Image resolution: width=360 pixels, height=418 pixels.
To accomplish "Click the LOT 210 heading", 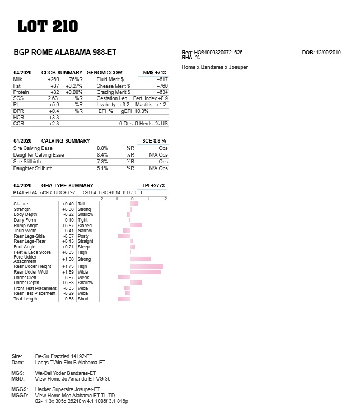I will [48, 26].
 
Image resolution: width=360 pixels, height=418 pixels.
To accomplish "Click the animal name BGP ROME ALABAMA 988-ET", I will [64, 52].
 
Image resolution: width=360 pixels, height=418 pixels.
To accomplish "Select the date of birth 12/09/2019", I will [329, 52].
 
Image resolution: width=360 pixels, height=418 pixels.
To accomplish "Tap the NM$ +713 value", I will [155, 73].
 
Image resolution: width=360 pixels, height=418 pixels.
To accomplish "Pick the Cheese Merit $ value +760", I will [162, 86].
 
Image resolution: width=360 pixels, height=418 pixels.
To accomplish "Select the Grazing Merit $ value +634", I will [162, 92].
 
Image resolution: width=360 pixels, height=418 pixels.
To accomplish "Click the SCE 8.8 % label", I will [154, 141].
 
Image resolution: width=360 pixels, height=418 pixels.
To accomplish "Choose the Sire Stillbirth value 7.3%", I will [102, 161].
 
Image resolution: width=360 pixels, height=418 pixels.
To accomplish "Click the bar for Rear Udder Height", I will [147, 266].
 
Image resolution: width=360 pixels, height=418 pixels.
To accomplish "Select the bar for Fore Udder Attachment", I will [141, 259].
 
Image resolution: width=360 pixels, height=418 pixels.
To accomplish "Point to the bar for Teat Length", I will [124, 299].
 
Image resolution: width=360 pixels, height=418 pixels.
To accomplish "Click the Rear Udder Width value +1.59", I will [67, 272].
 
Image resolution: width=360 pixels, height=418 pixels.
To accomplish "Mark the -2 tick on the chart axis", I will [101, 199].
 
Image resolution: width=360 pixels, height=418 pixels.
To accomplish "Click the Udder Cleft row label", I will [25, 278].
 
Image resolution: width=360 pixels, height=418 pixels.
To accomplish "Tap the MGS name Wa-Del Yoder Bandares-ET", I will [66, 373].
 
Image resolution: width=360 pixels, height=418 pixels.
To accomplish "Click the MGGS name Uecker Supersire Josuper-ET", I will [68, 389].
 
